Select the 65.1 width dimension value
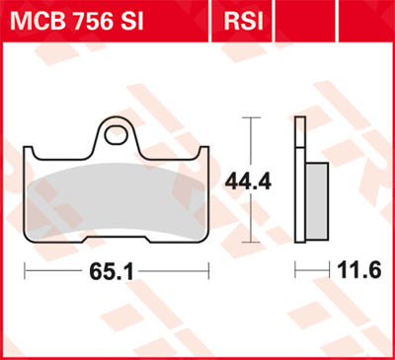click(115, 268)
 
